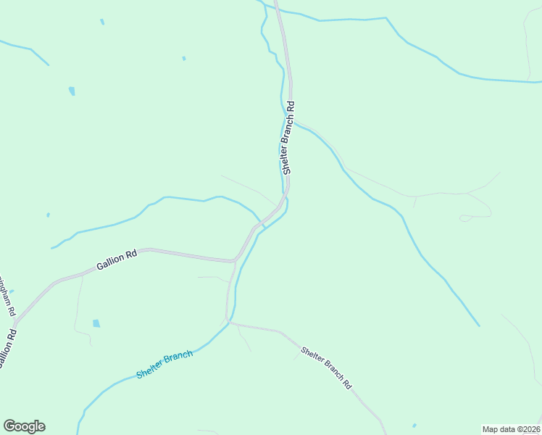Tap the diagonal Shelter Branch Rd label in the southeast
326,368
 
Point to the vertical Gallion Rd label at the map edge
7,349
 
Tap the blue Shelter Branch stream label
164,365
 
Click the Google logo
24,426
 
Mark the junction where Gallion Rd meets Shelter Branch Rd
234,260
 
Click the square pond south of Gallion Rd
96,323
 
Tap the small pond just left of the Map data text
414,426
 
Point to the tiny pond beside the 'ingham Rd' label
12,291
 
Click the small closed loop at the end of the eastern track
464,217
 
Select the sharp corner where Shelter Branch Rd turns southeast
228,320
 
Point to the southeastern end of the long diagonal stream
479,326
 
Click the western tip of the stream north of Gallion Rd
51,248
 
